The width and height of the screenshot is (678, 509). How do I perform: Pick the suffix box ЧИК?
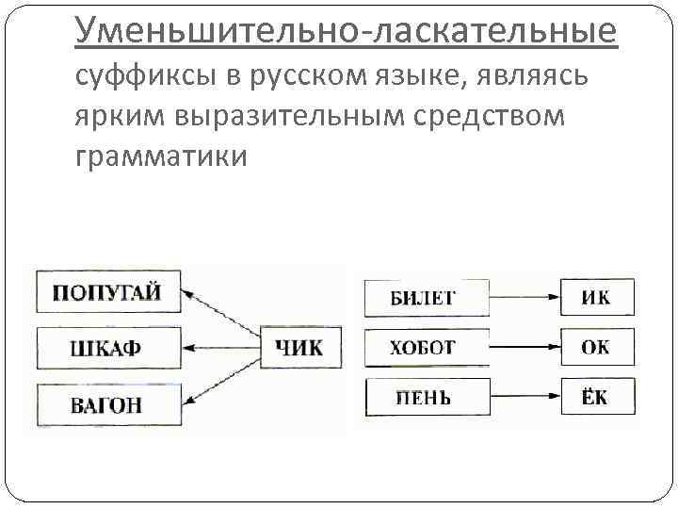(298, 348)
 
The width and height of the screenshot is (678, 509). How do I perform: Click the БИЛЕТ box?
(426, 297)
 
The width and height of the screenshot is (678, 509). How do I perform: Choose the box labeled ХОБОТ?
(426, 347)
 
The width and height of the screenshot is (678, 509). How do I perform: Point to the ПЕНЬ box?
(426, 397)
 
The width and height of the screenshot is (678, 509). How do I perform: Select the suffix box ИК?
(597, 297)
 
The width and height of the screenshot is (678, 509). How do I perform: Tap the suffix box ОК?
(597, 347)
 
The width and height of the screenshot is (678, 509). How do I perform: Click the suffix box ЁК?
(597, 397)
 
